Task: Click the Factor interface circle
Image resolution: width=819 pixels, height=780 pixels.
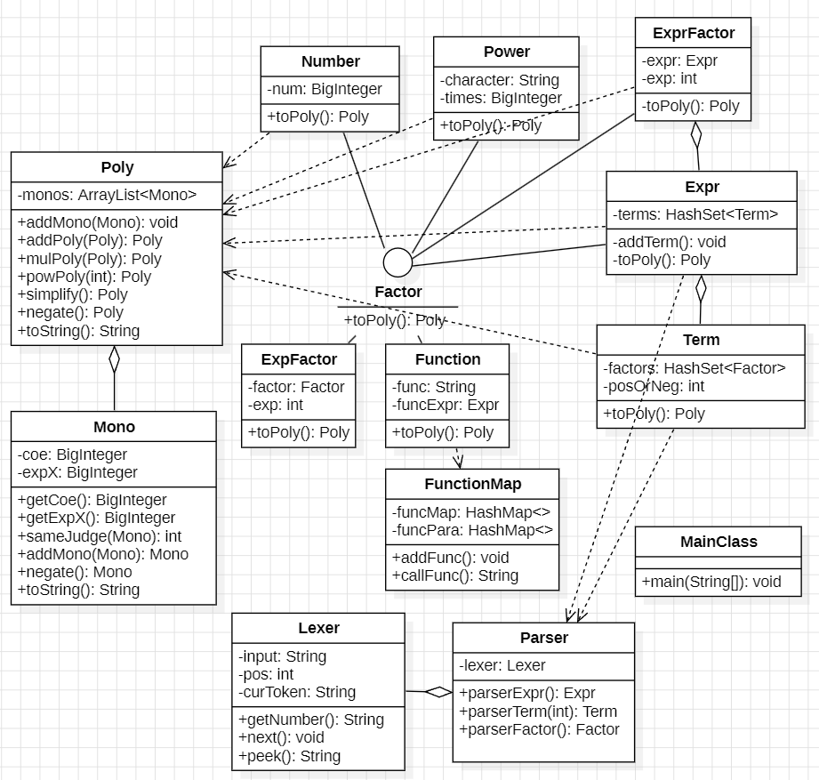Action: [x=397, y=262]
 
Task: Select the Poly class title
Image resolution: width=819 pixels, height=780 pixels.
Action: [x=117, y=167]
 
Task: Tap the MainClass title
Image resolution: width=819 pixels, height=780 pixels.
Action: [x=719, y=542]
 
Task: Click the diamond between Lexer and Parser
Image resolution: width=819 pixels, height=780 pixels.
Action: [x=438, y=692]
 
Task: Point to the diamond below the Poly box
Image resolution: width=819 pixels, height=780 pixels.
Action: [x=114, y=359]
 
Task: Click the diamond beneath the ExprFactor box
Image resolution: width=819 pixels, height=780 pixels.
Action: [x=695, y=135]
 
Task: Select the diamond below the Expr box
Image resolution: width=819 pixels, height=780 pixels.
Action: [x=701, y=288]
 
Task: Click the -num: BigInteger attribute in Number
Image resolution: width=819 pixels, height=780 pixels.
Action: [x=325, y=89]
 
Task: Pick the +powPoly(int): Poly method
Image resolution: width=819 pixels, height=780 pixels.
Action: [x=84, y=277]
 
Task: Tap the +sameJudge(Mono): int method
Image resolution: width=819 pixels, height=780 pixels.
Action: [x=100, y=536]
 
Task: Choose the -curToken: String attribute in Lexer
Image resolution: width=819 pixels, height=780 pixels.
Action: [x=297, y=692]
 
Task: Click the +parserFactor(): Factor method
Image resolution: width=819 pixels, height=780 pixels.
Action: [x=539, y=729]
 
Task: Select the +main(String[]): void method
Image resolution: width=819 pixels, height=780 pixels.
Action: [x=711, y=582]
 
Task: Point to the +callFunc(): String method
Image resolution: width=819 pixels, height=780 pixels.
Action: [x=455, y=575]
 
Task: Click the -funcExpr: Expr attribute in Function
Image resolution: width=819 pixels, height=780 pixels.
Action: [x=446, y=405]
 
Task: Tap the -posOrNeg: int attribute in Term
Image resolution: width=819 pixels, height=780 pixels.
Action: [x=654, y=386]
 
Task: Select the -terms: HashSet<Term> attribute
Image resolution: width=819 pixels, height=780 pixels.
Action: [x=695, y=214]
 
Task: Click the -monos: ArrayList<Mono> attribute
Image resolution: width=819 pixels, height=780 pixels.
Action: [x=107, y=195]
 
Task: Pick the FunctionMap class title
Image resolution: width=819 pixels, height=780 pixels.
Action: [x=473, y=485]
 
